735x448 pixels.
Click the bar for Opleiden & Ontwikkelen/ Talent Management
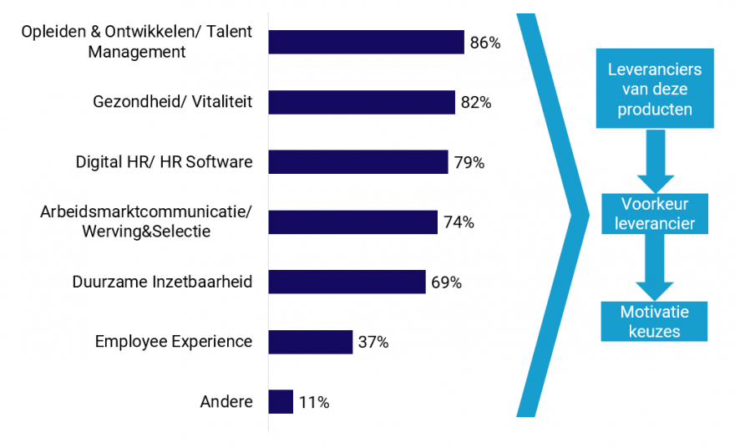366,42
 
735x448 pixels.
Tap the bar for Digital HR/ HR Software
358,162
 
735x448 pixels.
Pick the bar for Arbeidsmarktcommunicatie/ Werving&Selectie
352,221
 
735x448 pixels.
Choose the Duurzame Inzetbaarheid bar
347,282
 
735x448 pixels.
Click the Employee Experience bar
310,342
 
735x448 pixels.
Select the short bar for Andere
281,402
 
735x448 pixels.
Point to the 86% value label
485,43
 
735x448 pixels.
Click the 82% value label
476,103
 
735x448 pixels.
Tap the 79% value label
469,163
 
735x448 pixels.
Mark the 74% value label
459,222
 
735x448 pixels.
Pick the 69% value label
446,283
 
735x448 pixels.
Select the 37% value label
373,343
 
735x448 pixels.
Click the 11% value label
313,403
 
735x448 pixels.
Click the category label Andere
226,402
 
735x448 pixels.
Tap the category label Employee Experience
173,341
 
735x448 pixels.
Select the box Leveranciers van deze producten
655,89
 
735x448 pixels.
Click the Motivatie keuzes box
654,321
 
